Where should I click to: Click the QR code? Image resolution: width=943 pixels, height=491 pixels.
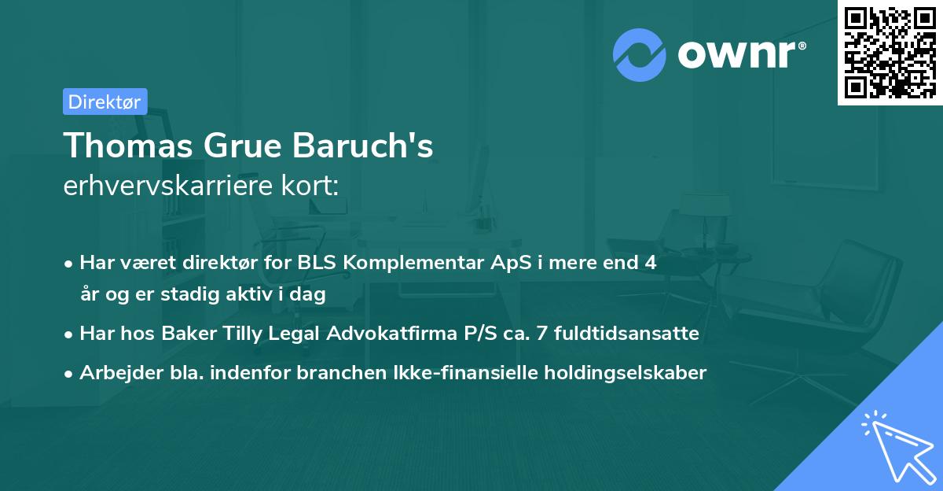point(890,53)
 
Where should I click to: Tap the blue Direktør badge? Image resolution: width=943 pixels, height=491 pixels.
point(105,102)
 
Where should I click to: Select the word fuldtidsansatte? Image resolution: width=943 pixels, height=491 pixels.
point(626,333)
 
